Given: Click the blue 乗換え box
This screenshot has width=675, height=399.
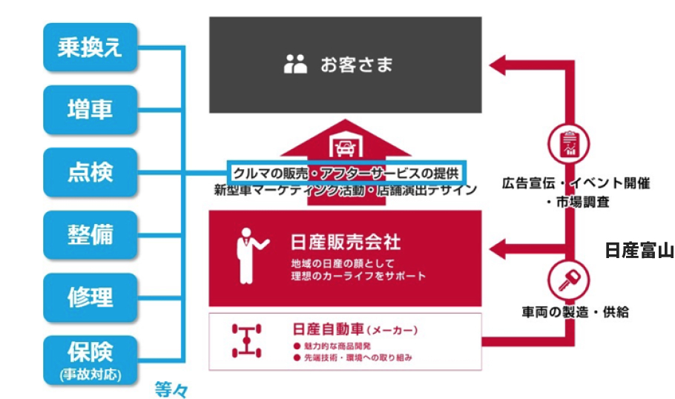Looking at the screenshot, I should pyautogui.click(x=90, y=47).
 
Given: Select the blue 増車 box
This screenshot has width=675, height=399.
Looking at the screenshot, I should pyautogui.click(x=90, y=110).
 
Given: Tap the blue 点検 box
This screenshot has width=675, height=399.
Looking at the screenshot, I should pyautogui.click(x=90, y=172).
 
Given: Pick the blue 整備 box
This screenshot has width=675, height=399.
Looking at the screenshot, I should pyautogui.click(x=90, y=234).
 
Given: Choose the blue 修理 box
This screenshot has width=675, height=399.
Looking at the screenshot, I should pyautogui.click(x=90, y=297).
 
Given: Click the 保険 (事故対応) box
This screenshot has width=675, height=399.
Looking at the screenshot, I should pyautogui.click(x=90, y=359).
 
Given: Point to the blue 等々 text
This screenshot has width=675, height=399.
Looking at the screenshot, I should pyautogui.click(x=172, y=388).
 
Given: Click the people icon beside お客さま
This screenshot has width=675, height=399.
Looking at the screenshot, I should pyautogui.click(x=295, y=65).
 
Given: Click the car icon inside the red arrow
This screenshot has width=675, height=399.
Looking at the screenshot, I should pyautogui.click(x=345, y=146).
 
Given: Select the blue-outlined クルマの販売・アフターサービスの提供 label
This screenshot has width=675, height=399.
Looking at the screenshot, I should pyautogui.click(x=347, y=173).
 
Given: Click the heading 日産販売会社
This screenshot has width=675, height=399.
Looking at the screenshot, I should pyautogui.click(x=346, y=243).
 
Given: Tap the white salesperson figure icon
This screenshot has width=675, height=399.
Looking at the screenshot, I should pyautogui.click(x=246, y=256).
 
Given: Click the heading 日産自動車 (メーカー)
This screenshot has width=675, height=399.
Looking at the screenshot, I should pyautogui.click(x=355, y=328).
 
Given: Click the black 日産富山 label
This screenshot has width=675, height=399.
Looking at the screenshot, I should pyautogui.click(x=639, y=251).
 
